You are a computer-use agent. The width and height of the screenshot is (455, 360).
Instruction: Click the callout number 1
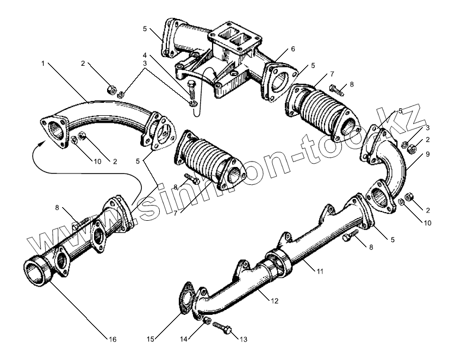pos(42,64)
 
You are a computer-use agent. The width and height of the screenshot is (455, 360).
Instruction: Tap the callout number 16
pos(113,340)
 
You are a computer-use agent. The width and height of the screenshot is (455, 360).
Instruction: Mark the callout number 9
pos(427,154)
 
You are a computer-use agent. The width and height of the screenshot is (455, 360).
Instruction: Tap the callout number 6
pos(293,49)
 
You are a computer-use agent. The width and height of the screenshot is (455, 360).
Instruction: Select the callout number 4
pos(145,55)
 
